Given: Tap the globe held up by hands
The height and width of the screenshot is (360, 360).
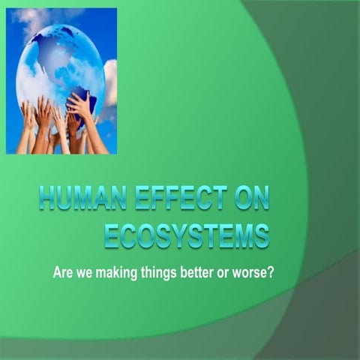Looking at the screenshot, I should (x=60, y=64).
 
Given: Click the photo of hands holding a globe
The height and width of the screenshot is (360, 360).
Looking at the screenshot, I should (x=61, y=80).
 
